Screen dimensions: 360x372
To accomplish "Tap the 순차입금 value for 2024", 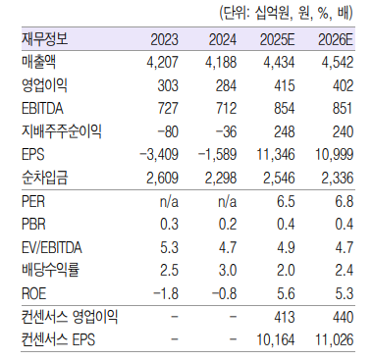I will (x=222, y=176).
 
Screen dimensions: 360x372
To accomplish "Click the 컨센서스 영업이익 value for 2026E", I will (x=340, y=315).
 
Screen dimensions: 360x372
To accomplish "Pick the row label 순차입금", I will (x=43, y=176).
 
